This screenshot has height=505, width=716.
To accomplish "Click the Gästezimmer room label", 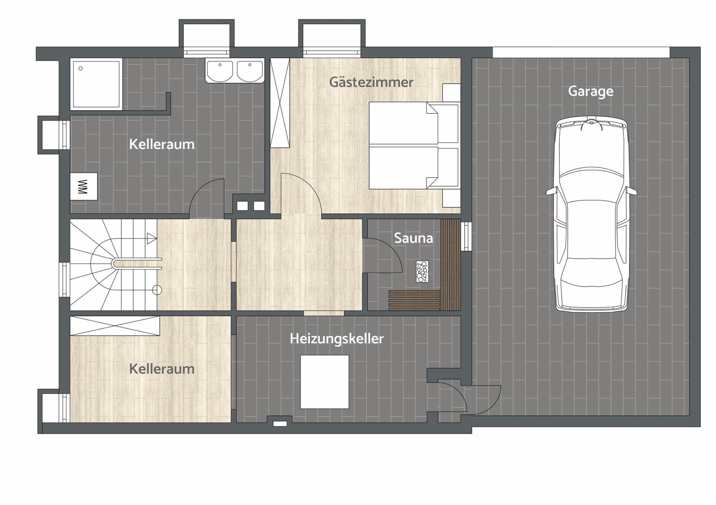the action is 371,82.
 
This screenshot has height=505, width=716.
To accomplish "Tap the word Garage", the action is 591,91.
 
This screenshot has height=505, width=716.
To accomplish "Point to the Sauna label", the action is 414,238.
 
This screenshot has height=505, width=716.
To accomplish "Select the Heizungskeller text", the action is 337,339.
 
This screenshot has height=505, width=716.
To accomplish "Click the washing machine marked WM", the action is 84,187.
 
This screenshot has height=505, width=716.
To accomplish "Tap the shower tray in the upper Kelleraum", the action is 96,84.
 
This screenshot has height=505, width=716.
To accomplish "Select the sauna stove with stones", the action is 423,271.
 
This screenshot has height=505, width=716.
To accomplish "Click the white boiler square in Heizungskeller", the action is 325,382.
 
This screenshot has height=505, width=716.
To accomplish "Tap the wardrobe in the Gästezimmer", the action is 280,103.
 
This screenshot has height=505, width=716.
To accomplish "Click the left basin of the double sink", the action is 220,71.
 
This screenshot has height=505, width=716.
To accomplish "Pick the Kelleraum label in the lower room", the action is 162,369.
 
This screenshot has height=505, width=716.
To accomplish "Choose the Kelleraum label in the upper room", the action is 162,144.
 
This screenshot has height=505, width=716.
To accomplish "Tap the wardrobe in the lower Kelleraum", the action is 115,326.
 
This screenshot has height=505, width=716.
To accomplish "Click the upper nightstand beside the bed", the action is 452,93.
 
